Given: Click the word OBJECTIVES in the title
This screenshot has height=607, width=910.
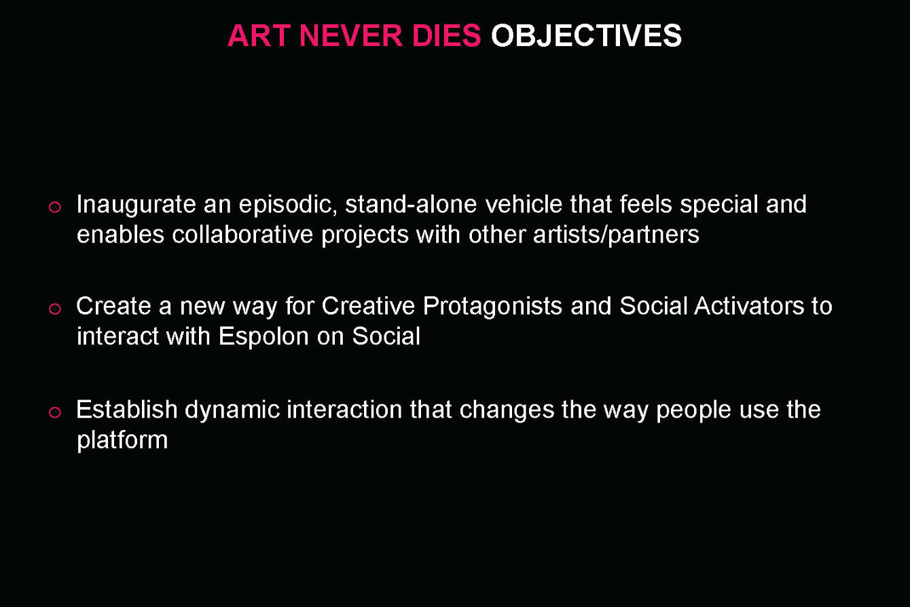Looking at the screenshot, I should click(x=586, y=36).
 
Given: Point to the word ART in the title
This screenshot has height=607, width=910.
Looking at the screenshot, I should click(x=259, y=36).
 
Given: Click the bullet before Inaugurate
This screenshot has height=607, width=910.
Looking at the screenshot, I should click(x=55, y=207).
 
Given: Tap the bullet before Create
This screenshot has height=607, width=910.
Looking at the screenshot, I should click(x=55, y=309).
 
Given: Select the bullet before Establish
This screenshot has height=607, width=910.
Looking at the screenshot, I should click(x=55, y=412).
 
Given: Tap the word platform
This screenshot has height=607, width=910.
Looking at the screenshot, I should click(x=122, y=441).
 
